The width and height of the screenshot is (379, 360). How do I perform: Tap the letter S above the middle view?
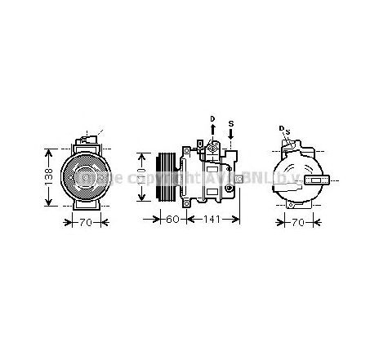point(231,124)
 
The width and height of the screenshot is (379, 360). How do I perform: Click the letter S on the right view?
point(288,131)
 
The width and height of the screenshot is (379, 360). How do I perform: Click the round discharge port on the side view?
point(214,146)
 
